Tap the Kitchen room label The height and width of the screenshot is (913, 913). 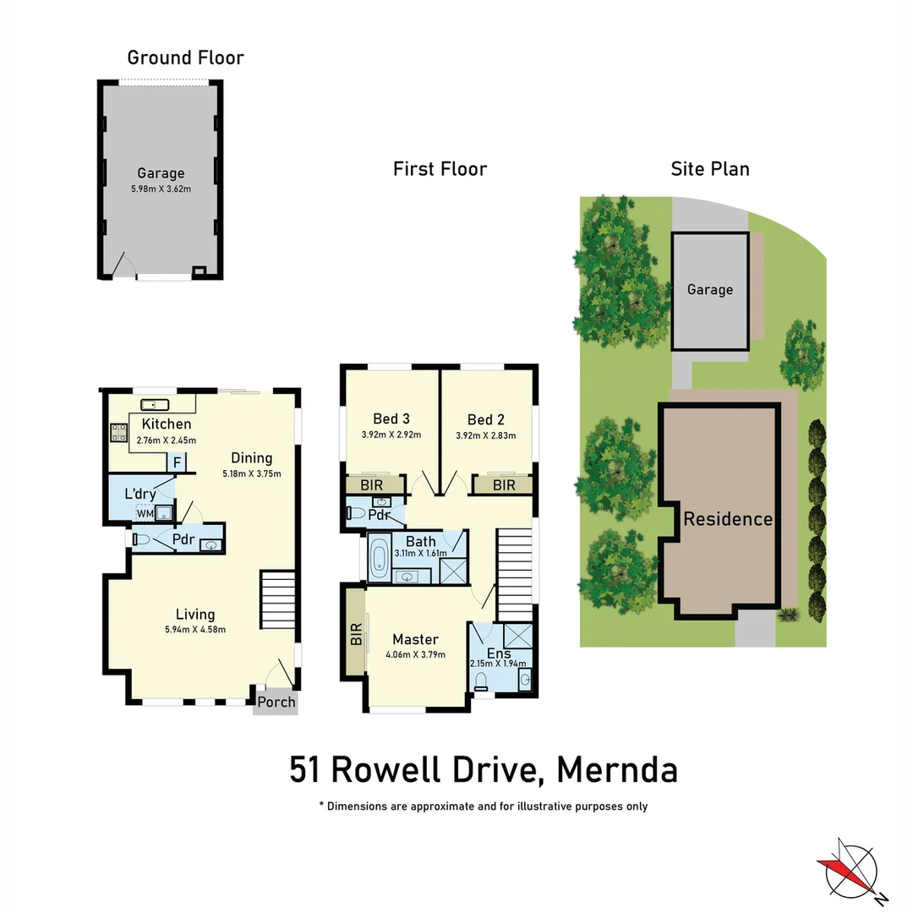(166, 424)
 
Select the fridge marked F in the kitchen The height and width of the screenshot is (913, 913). (178, 462)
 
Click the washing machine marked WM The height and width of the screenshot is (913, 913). (145, 512)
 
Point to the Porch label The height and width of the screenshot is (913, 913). (276, 702)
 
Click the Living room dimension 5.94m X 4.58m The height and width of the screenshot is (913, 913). (194, 629)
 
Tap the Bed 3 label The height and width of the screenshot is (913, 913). (391, 418)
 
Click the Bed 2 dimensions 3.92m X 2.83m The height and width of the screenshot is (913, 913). (485, 435)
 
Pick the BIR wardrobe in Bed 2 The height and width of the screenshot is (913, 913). (503, 484)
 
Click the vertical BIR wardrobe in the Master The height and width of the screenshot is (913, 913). (355, 632)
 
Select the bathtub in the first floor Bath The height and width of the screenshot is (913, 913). (378, 558)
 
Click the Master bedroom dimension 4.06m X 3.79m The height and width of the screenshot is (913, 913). (415, 654)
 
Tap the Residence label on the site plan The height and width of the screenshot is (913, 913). (728, 518)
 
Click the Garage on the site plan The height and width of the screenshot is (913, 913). (709, 290)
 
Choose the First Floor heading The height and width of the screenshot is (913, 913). (440, 169)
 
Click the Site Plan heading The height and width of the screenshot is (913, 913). (709, 169)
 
